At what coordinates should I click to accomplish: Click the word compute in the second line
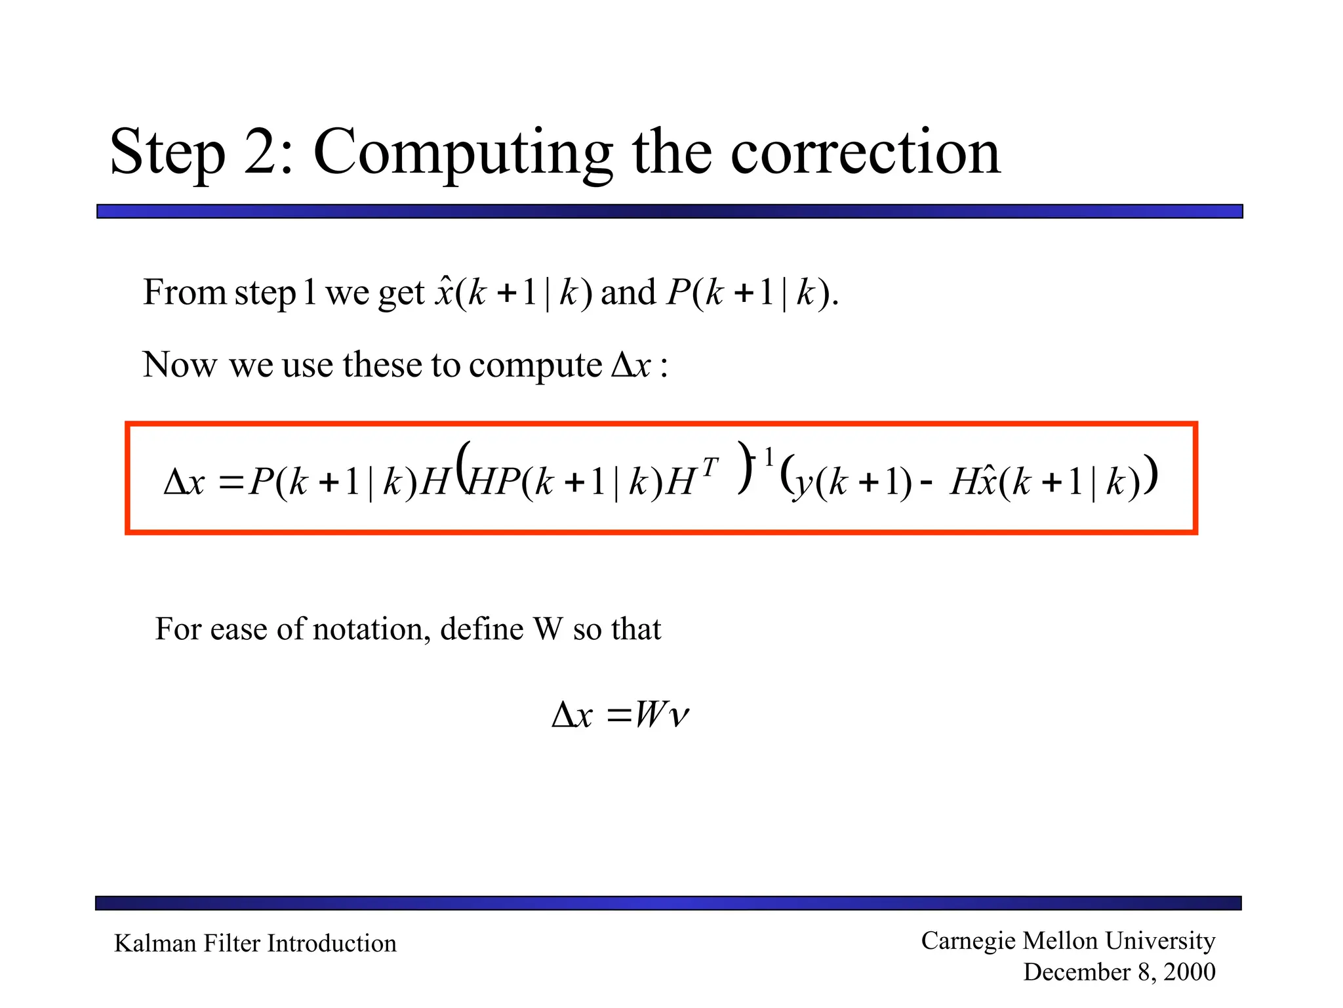(x=535, y=366)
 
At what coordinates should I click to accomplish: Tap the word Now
(x=179, y=365)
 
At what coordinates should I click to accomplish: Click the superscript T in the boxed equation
(x=710, y=467)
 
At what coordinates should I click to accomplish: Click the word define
(x=481, y=629)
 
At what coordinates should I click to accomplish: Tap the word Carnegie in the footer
(x=968, y=941)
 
